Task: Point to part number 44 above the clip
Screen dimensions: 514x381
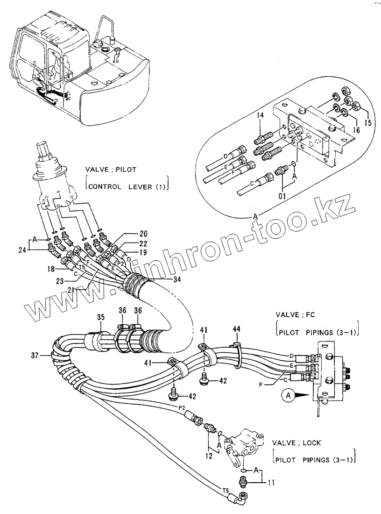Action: [x=237, y=330]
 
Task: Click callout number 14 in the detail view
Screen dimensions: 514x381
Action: [x=260, y=114]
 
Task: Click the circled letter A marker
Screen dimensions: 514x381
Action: [x=288, y=395]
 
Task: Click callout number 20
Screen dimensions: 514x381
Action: [x=143, y=233]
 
